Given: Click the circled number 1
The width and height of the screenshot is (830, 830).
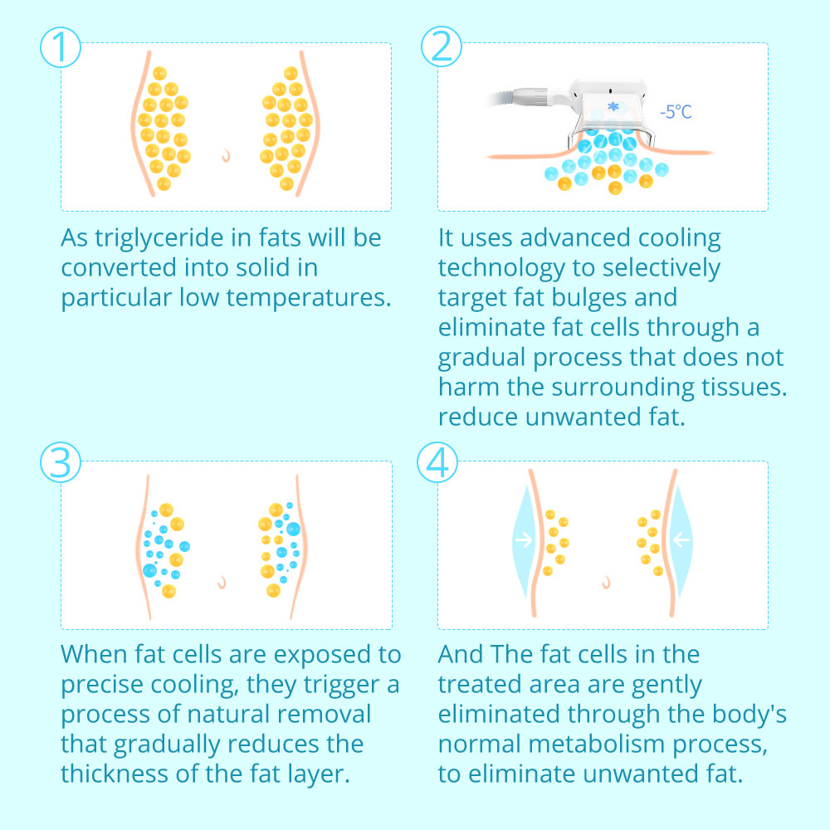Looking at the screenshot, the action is (x=61, y=47).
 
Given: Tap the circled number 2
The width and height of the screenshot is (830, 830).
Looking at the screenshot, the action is (x=442, y=46).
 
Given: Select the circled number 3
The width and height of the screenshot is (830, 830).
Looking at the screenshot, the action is (x=61, y=462).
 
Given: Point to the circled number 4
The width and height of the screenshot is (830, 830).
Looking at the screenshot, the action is (x=437, y=462).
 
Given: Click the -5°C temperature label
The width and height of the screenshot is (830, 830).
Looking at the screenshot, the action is (x=676, y=112).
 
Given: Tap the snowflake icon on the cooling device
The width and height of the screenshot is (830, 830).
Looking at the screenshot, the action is (x=613, y=106).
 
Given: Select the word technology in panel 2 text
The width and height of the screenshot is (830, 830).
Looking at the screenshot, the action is (x=501, y=268).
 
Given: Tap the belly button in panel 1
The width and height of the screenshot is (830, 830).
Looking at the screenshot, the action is (x=227, y=155).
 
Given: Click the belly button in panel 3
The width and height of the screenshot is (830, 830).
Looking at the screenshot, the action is (x=222, y=583).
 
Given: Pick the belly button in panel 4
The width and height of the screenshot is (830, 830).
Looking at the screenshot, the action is (x=607, y=583).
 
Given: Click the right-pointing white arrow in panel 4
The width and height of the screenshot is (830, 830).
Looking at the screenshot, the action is (x=524, y=540).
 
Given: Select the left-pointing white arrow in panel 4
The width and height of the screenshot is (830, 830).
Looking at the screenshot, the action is (x=681, y=540).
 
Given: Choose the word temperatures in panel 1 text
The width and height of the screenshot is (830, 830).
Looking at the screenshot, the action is (x=309, y=298).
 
